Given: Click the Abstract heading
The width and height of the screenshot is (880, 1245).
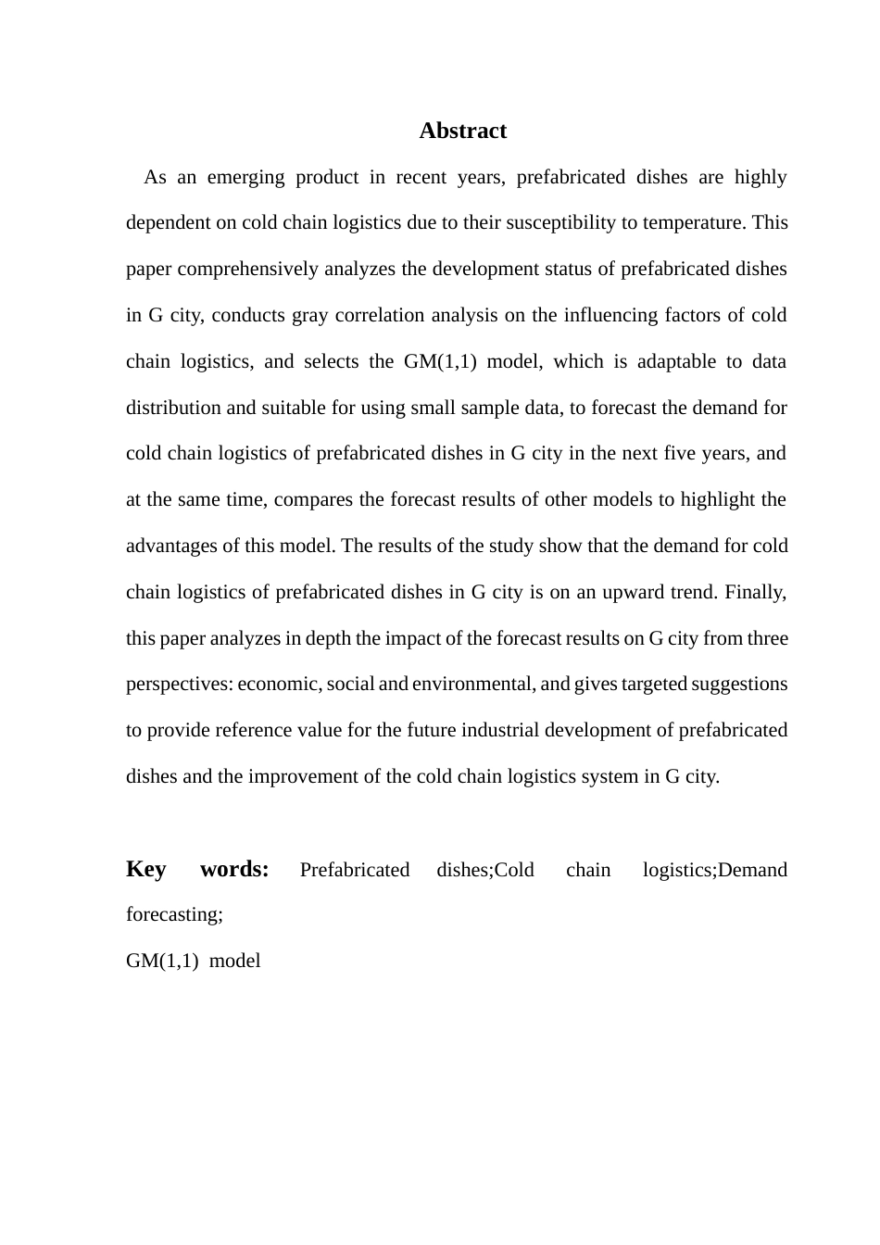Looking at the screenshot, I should coord(462,131).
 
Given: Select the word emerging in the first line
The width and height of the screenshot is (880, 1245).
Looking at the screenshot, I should coord(245,177).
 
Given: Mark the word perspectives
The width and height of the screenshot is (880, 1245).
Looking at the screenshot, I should coord(179,684).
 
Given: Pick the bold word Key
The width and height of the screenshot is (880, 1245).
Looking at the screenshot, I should coord(146,869).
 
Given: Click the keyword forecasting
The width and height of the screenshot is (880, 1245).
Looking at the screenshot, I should coord(174,914).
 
